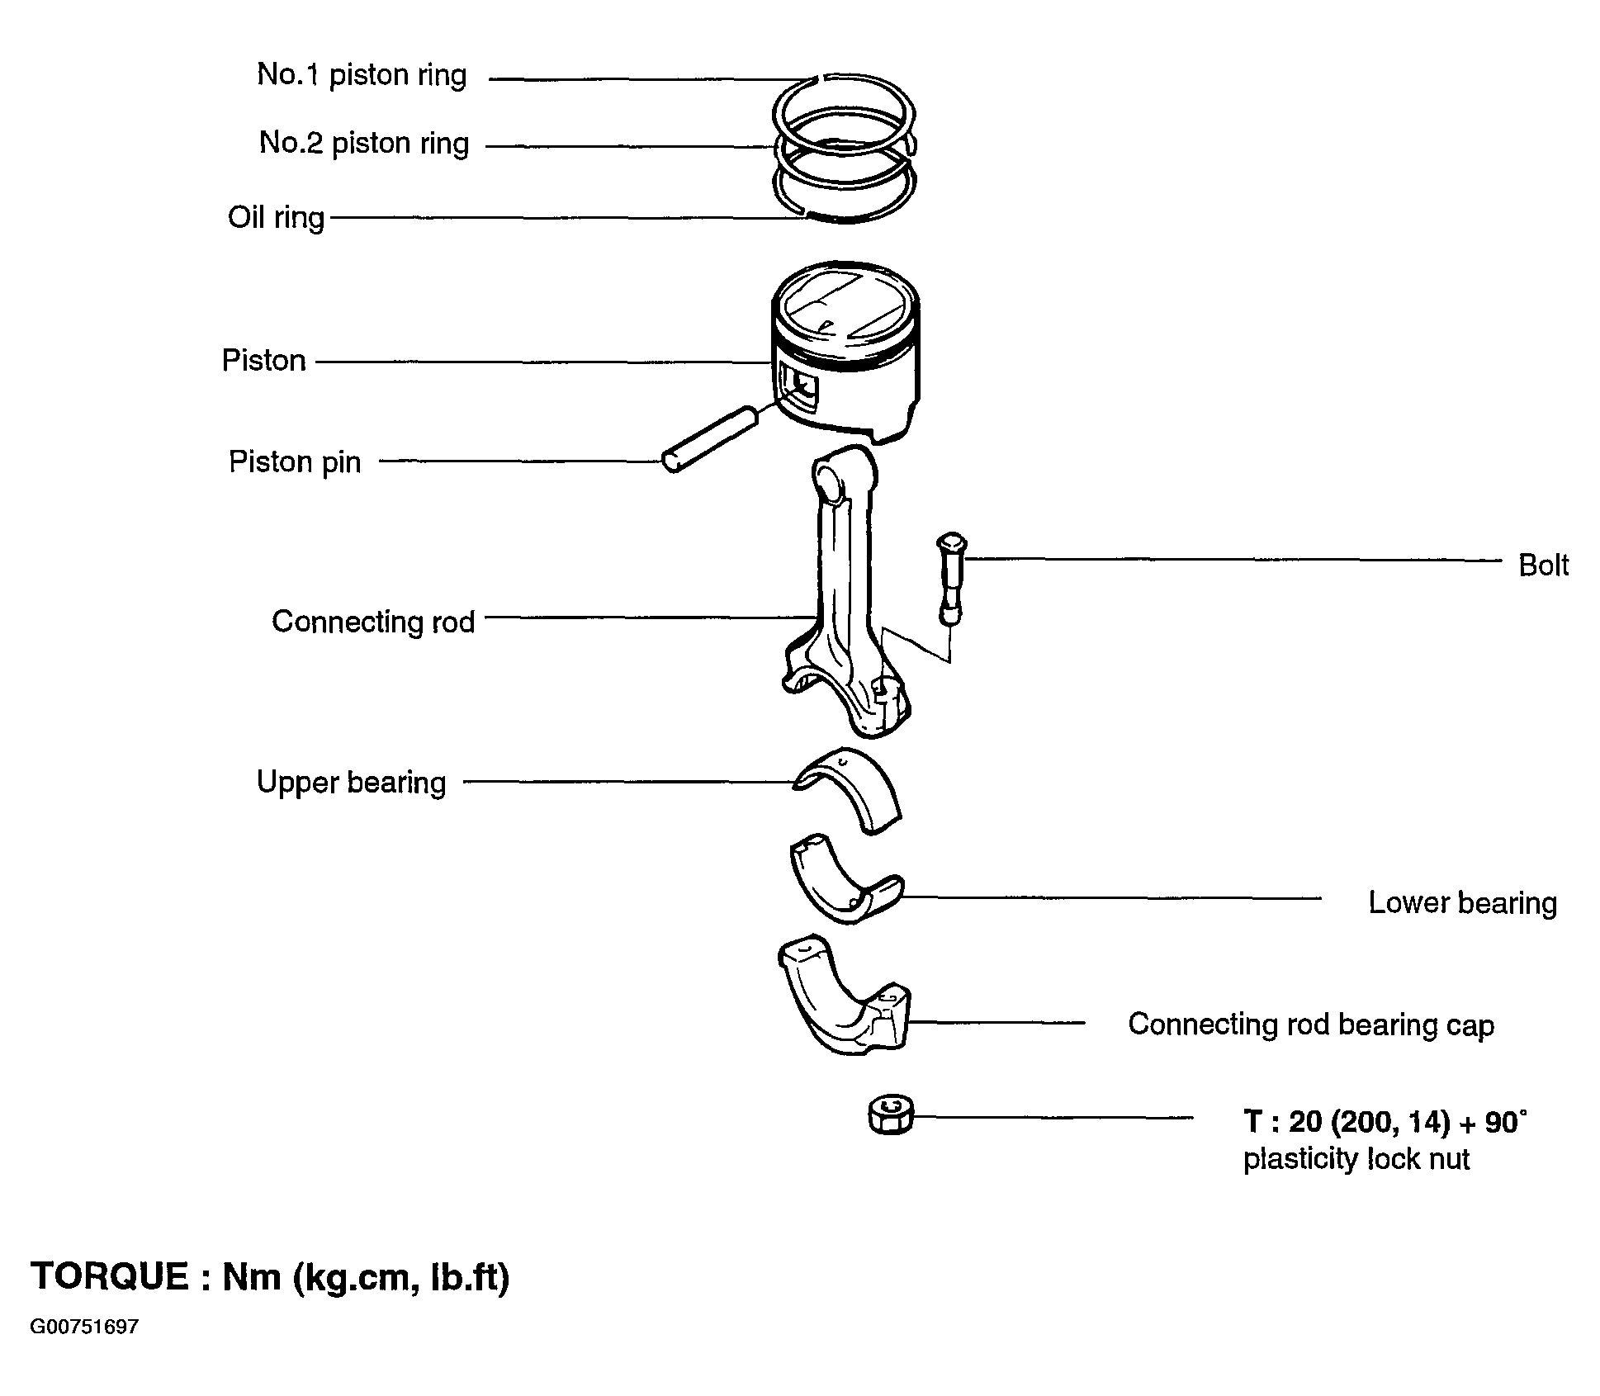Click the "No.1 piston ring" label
[362, 75]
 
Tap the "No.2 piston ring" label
[364, 144]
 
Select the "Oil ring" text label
[277, 218]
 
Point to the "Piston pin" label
[295, 461]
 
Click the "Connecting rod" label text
[373, 622]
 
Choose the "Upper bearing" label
[352, 783]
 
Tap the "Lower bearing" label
[1463, 902]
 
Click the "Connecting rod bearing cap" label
[1311, 1025]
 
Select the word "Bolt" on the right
[1544, 565]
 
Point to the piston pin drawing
[710, 438]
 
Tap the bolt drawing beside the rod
[951, 579]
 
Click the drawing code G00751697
[84, 1327]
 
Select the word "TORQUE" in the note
[110, 1276]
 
